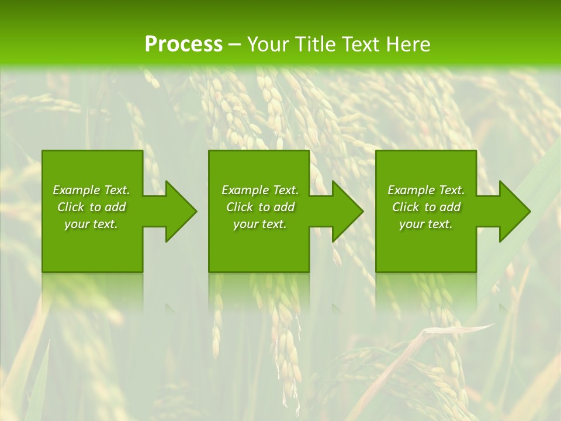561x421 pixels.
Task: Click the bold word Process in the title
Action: click(x=183, y=44)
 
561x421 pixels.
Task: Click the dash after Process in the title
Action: click(x=235, y=45)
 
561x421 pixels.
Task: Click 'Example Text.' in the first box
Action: click(x=91, y=190)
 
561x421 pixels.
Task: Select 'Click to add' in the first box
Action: click(x=91, y=207)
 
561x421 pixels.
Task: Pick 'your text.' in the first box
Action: click(x=91, y=224)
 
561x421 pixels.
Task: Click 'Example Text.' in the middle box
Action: click(x=260, y=190)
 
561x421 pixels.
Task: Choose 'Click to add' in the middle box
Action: click(x=260, y=207)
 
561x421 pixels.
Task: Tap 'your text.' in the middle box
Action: click(x=260, y=224)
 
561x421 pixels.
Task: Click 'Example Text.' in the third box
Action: click(x=426, y=190)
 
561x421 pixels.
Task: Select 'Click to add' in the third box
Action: click(x=426, y=207)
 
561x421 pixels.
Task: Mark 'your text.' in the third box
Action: click(x=426, y=224)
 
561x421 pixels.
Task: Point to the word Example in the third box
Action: click(x=411, y=190)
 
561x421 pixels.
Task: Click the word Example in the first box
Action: click(x=77, y=190)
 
